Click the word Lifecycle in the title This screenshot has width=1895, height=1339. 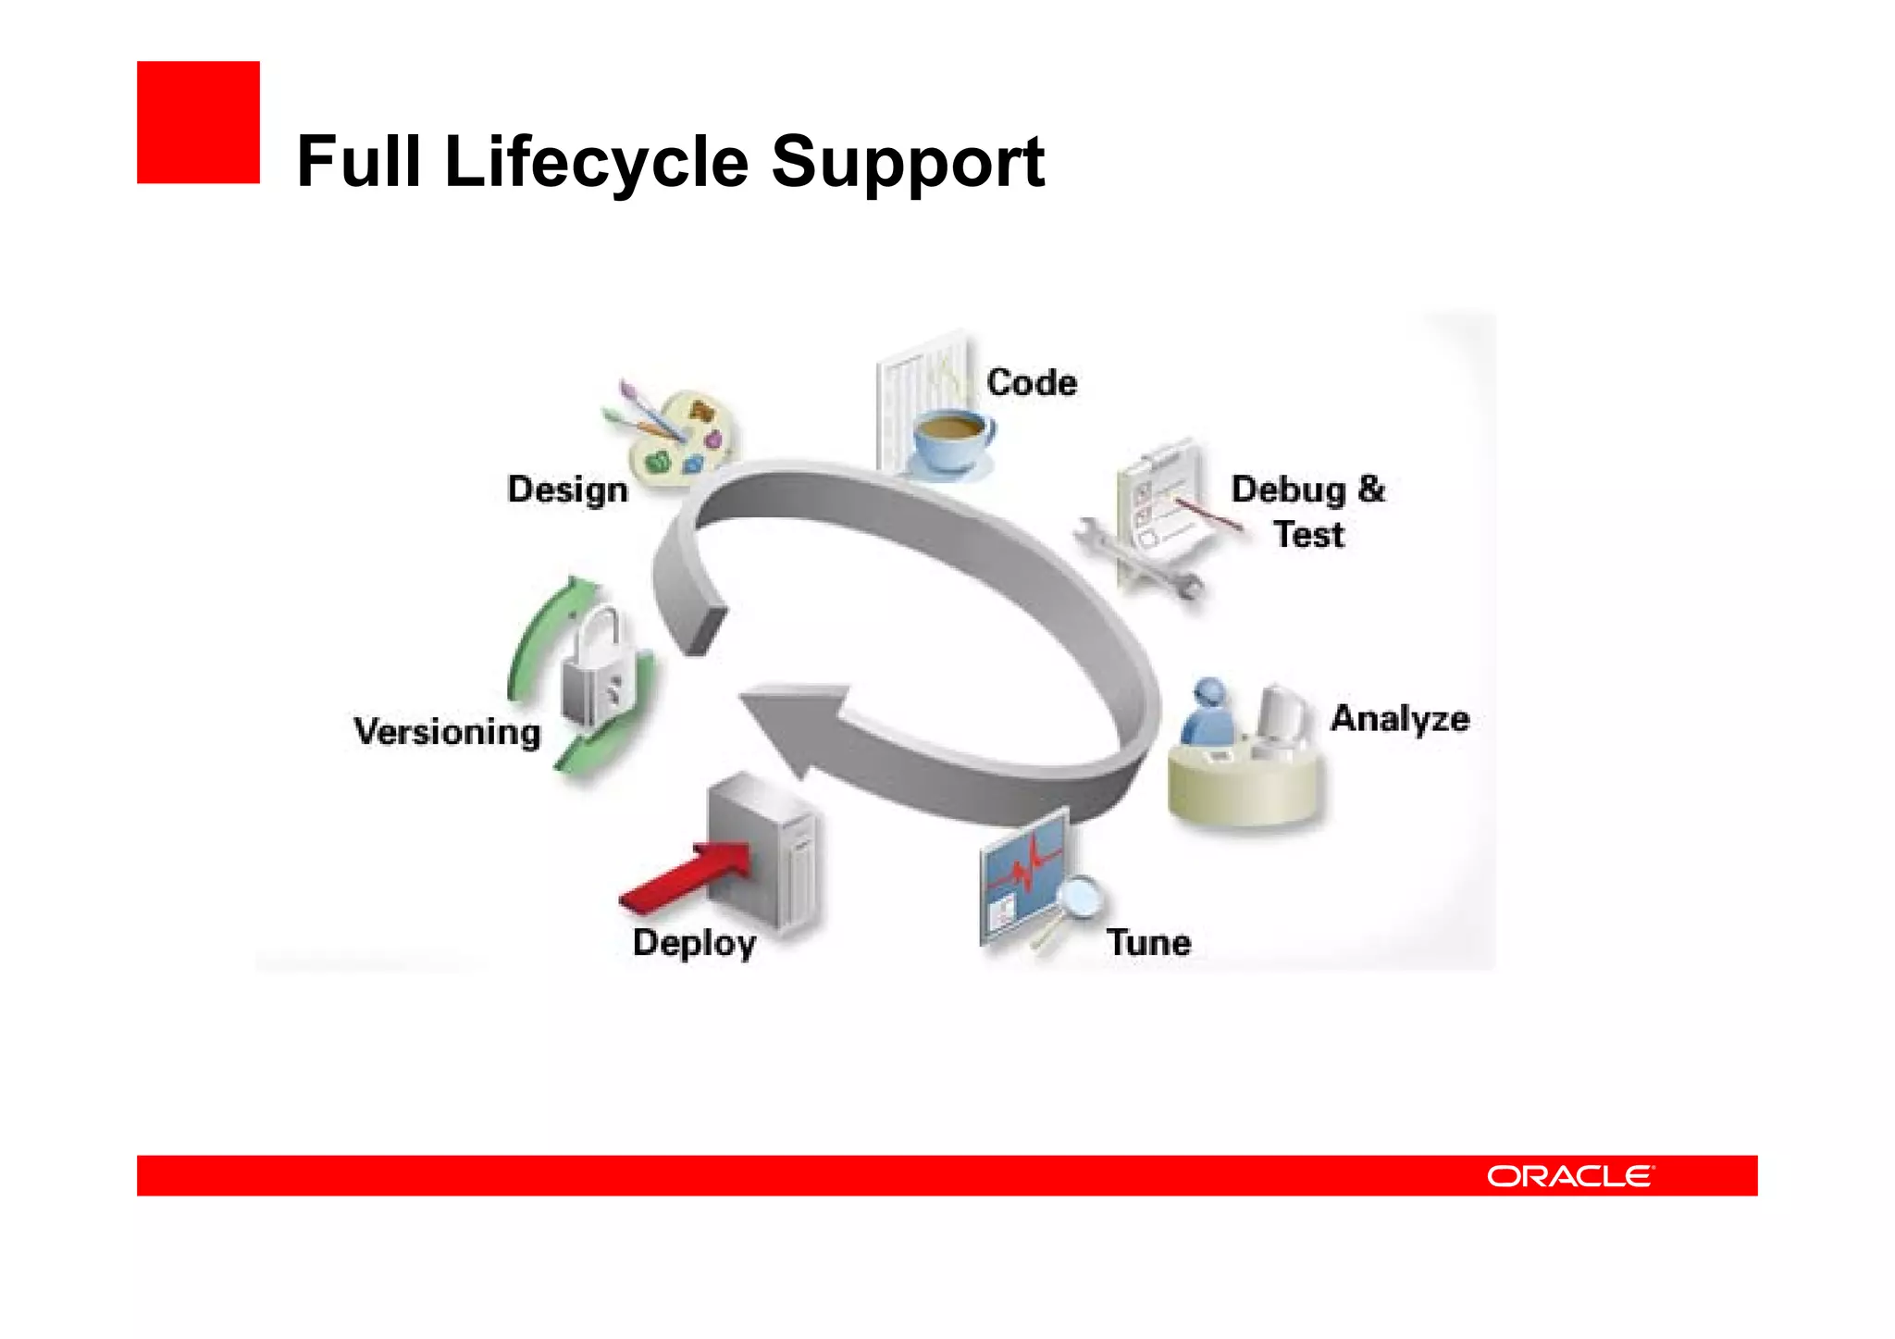point(596,162)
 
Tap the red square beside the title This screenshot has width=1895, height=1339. point(198,122)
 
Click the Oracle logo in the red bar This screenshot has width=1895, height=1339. point(1569,1176)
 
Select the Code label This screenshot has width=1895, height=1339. point(1031,382)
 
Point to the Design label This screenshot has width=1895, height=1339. point(567,489)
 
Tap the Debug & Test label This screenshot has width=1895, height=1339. point(1307,511)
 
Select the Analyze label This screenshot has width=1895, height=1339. point(1399,718)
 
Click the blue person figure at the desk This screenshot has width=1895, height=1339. point(1208,713)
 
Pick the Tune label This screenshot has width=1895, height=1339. point(1148,942)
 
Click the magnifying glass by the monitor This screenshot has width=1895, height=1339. point(1078,897)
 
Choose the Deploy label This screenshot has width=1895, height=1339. point(694,942)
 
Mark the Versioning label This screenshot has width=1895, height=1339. point(447,731)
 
